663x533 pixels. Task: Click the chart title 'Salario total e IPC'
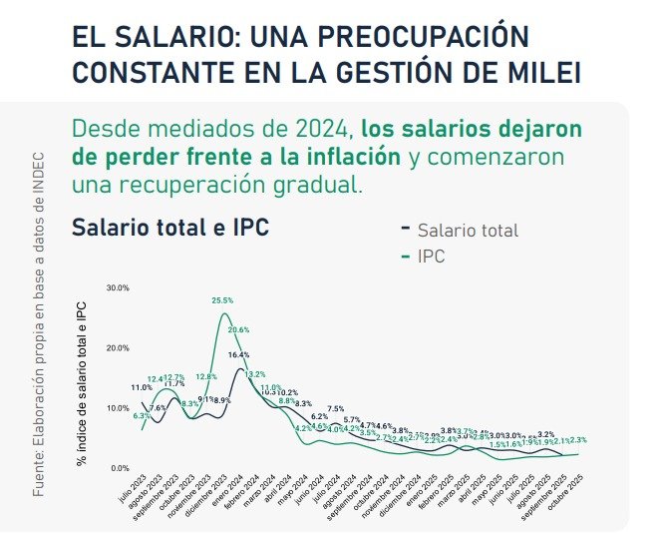tap(170, 227)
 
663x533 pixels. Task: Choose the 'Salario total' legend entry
tap(468, 231)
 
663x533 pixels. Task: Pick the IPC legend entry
tap(431, 257)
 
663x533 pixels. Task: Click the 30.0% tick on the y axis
tap(118, 288)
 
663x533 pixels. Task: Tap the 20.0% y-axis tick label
tap(118, 348)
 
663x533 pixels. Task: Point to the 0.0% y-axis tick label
tap(120, 468)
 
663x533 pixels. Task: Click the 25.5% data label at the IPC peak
tap(222, 300)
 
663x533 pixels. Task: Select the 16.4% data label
tap(238, 354)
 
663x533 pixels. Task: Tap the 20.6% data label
tap(238, 329)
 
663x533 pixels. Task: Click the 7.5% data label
tap(336, 408)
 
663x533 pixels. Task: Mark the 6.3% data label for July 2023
tap(141, 415)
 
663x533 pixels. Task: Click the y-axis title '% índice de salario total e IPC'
tap(84, 384)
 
